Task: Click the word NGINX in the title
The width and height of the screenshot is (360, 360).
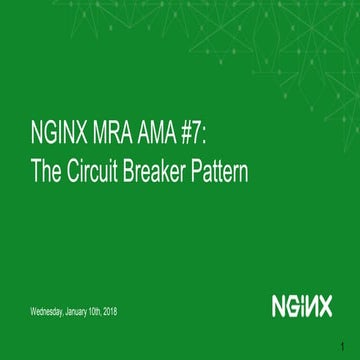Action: click(56, 139)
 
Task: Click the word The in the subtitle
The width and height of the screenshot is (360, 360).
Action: click(45, 173)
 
